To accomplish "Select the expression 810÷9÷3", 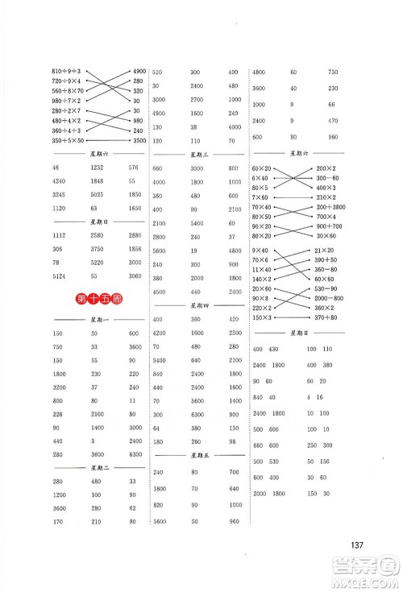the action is coord(65,71).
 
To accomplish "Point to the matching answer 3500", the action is coord(135,140).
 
